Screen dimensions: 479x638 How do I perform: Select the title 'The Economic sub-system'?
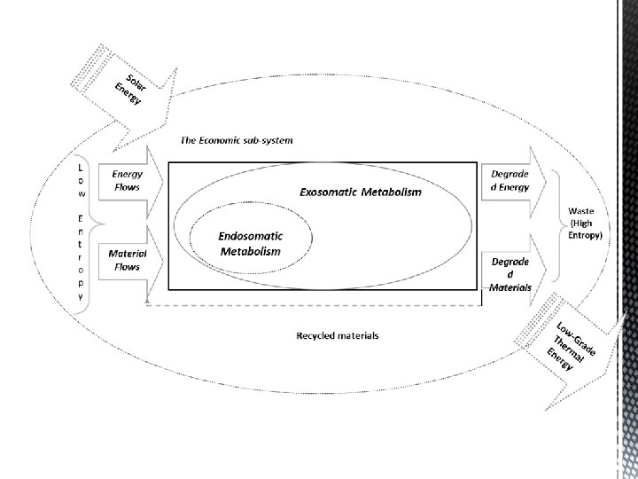(237, 140)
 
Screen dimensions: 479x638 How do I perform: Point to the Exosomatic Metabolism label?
(359, 192)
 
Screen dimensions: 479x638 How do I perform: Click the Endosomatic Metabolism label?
(250, 244)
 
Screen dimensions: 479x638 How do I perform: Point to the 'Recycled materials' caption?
(338, 335)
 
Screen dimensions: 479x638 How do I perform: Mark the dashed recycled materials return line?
(310, 305)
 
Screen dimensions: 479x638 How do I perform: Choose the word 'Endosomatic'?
(251, 237)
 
